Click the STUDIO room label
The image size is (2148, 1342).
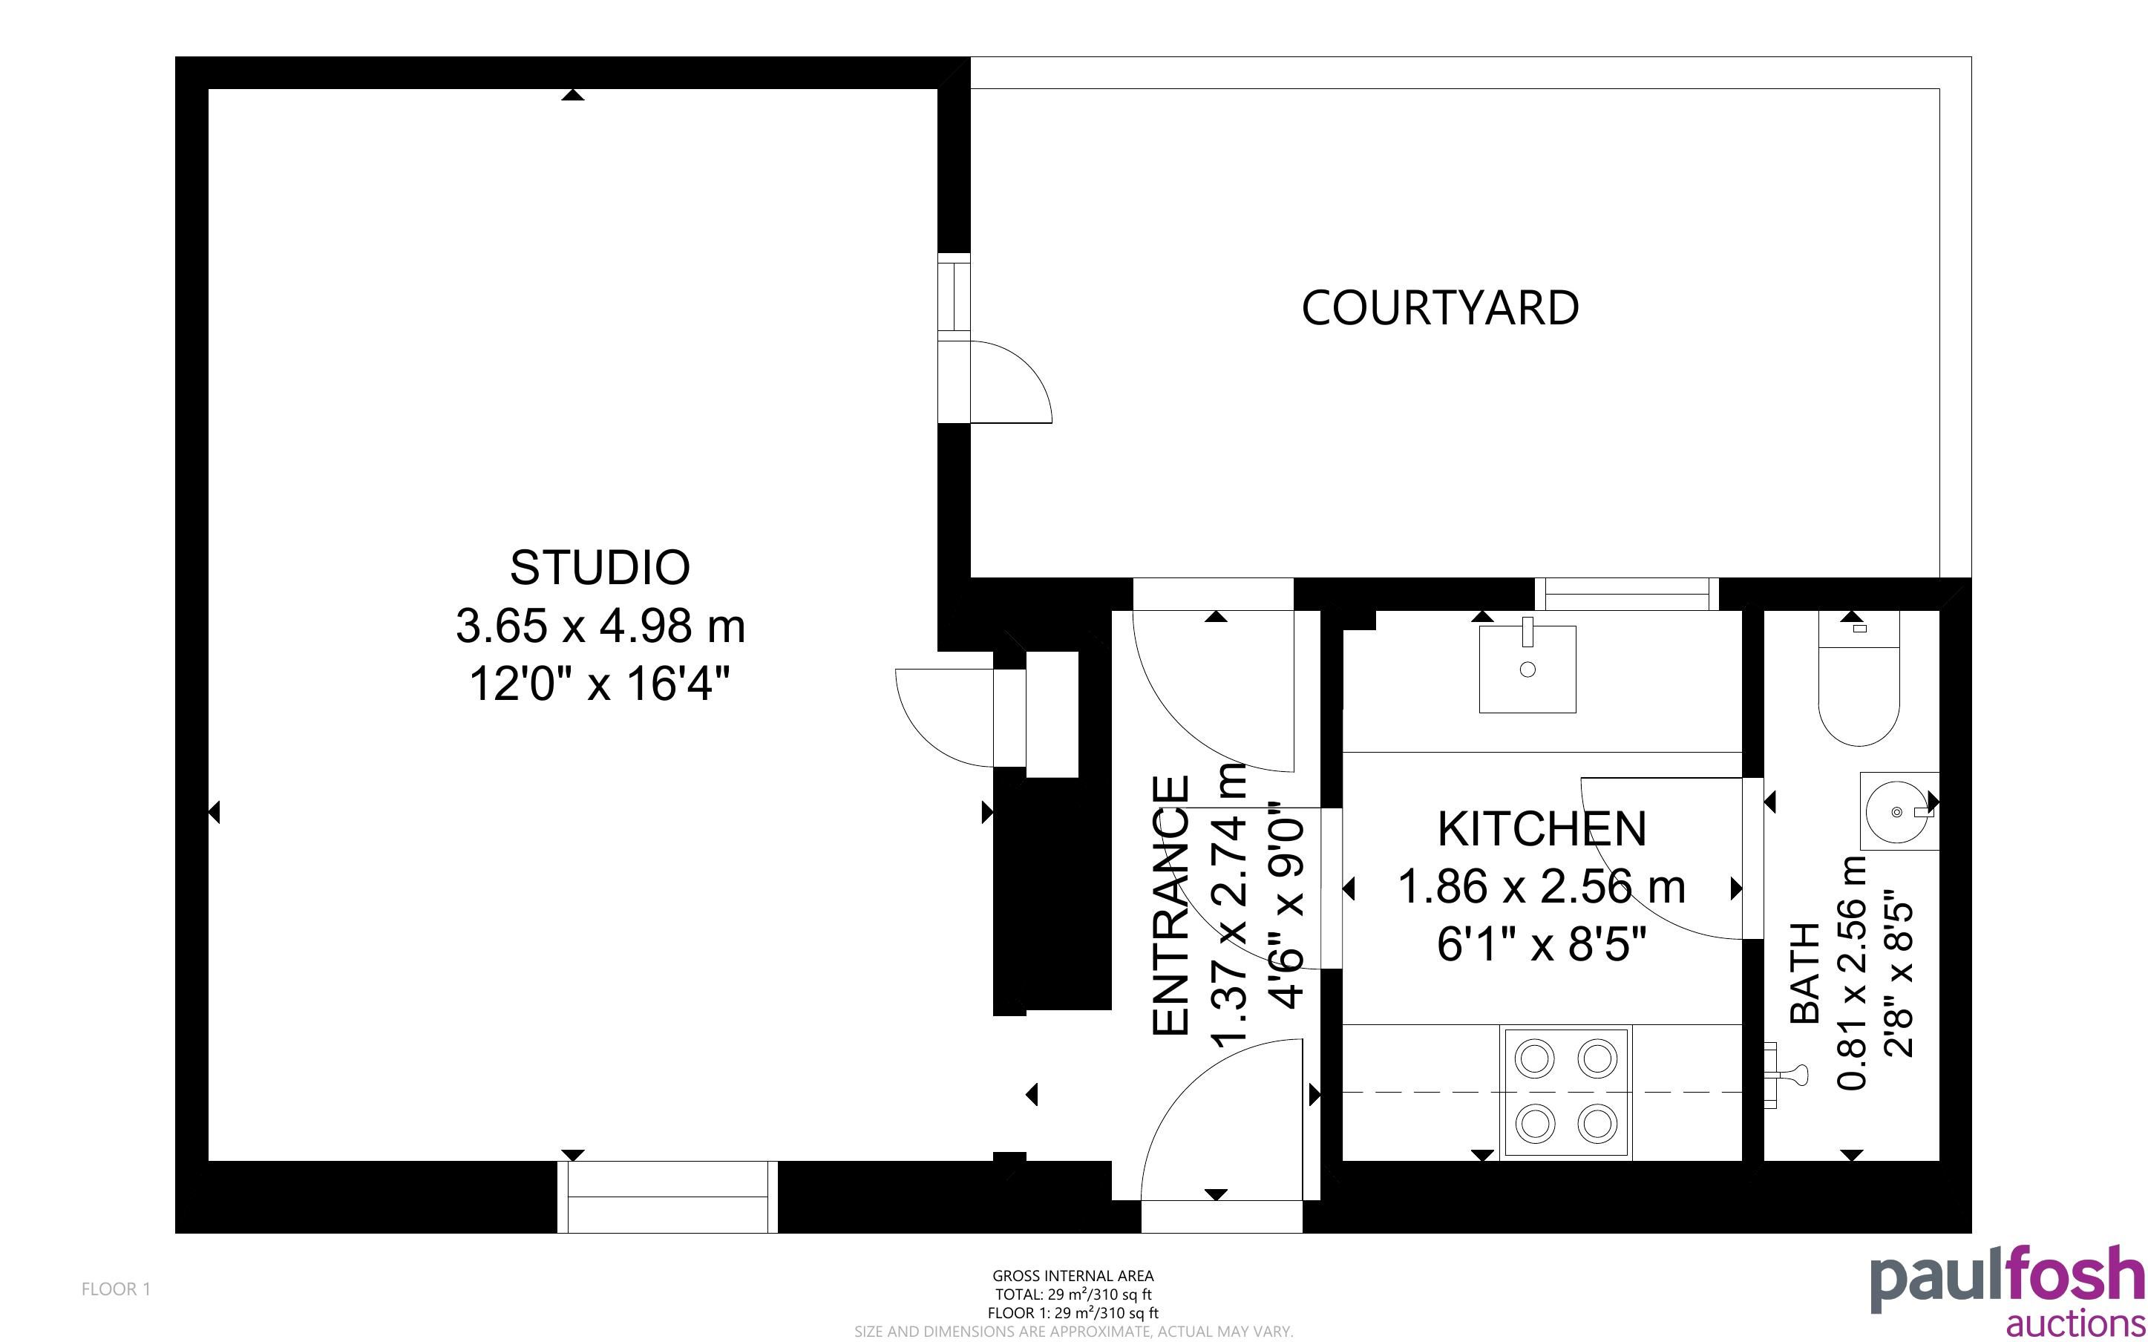pyautogui.click(x=600, y=568)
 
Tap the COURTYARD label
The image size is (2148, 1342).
pyautogui.click(x=1440, y=308)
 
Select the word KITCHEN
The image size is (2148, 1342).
pyautogui.click(x=1542, y=829)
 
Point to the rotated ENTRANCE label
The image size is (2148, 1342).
pyautogui.click(x=1170, y=906)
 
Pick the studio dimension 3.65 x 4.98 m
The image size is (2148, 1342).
pyautogui.click(x=600, y=626)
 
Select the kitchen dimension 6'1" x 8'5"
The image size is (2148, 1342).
pyautogui.click(x=1542, y=943)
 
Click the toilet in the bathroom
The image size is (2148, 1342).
pyautogui.click(x=1859, y=679)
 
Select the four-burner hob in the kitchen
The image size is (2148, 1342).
pyautogui.click(x=1565, y=1093)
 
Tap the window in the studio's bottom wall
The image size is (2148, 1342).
pyautogui.click(x=667, y=1197)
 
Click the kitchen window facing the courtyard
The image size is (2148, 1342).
pyautogui.click(x=1626, y=594)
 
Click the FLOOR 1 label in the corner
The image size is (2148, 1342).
pyautogui.click(x=117, y=1289)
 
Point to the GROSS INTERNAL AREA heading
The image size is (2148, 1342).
pyautogui.click(x=1073, y=1275)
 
